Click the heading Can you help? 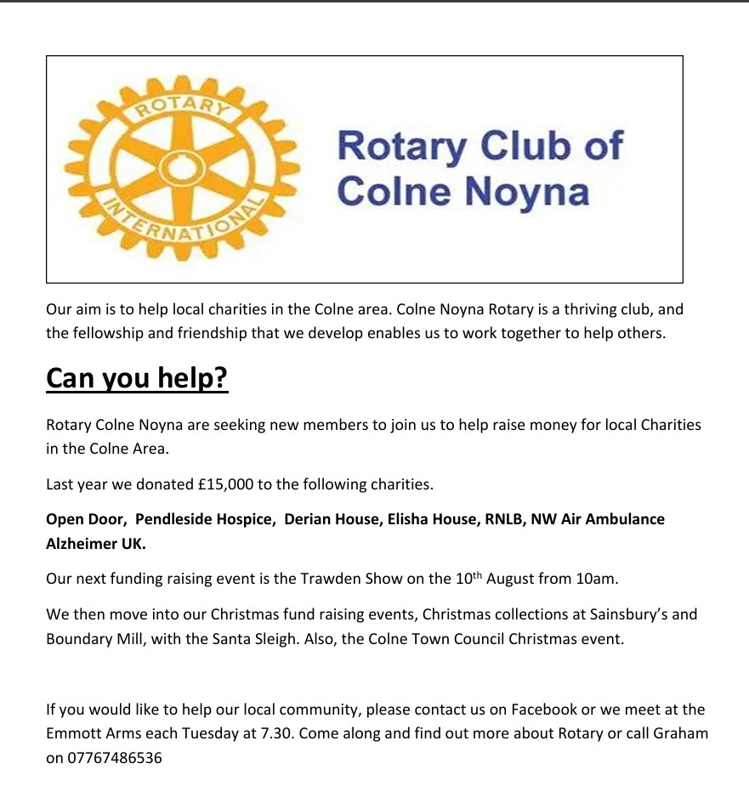pos(137,378)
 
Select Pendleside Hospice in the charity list pos(204,518)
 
